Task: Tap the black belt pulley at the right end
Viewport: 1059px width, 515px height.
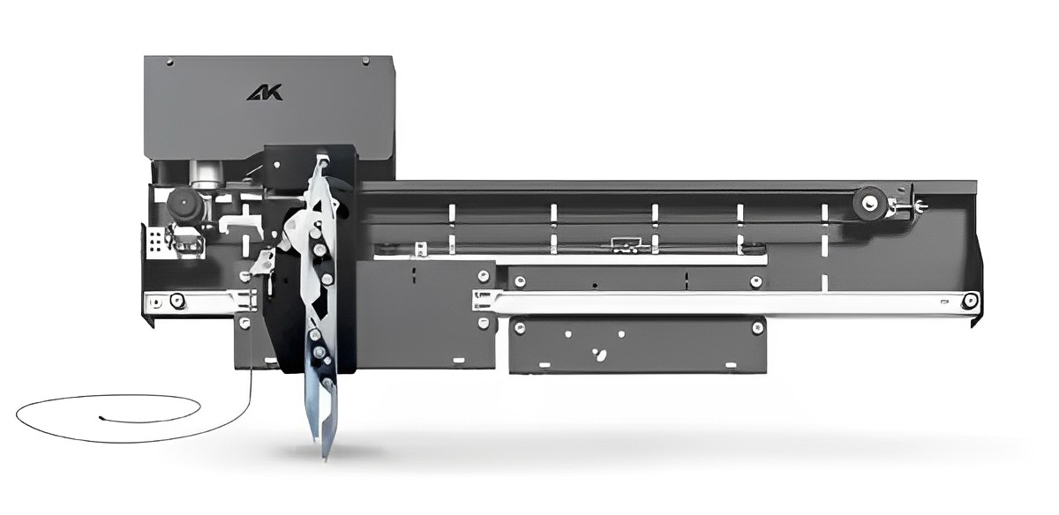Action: click(x=869, y=203)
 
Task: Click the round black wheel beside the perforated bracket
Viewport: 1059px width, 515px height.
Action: click(x=183, y=204)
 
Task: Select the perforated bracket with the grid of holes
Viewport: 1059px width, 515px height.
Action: click(x=155, y=243)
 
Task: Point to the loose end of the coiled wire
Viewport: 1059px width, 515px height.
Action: click(x=101, y=418)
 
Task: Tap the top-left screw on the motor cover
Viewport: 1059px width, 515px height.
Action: click(x=169, y=62)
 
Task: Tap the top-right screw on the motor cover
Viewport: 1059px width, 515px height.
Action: click(x=365, y=61)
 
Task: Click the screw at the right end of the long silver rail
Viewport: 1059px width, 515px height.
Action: click(x=970, y=301)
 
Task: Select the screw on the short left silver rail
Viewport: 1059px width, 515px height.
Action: click(x=177, y=300)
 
